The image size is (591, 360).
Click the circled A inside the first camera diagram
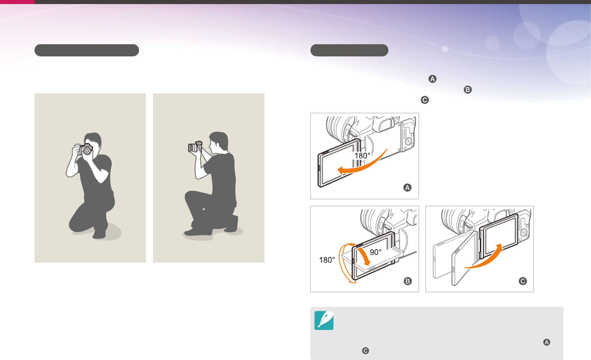(x=407, y=188)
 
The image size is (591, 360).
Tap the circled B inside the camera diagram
(x=408, y=281)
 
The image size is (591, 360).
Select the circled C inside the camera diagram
(x=523, y=281)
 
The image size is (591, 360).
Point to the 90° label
(x=376, y=252)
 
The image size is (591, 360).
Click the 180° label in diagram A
(x=362, y=155)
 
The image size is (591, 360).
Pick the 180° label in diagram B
(x=327, y=260)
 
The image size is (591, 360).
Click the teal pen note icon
(x=324, y=320)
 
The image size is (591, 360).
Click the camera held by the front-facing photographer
(x=85, y=149)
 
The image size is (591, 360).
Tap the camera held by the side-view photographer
(x=195, y=147)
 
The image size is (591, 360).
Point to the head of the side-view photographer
(x=219, y=141)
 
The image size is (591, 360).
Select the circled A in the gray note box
(x=546, y=342)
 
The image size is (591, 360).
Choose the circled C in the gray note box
(x=365, y=351)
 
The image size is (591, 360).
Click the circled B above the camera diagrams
(x=468, y=90)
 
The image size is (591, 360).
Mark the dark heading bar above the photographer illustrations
(x=86, y=50)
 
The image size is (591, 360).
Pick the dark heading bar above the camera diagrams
(x=349, y=50)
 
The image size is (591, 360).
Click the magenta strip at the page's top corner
(x=17, y=2)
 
